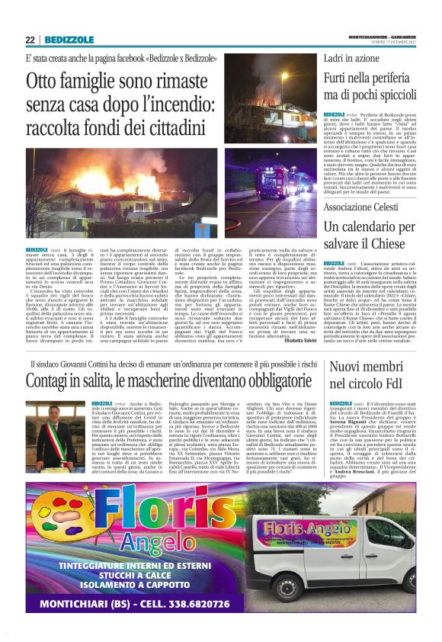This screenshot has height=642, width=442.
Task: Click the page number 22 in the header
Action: [30, 40]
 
